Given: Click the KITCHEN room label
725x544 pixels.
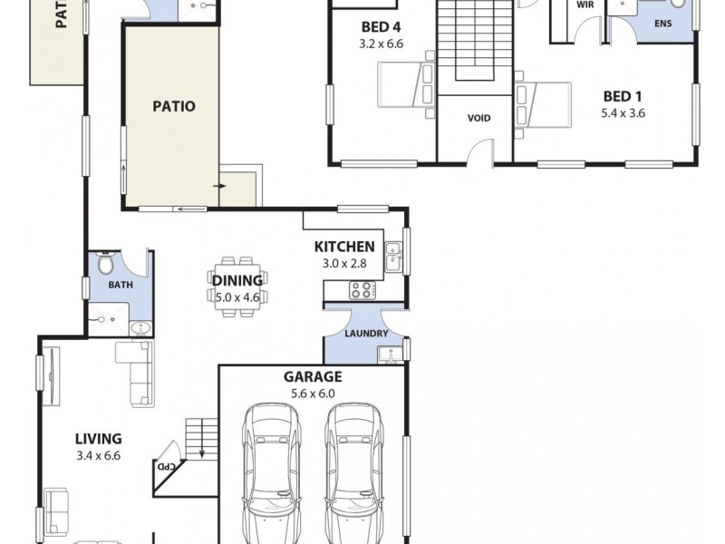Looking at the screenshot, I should pyautogui.click(x=344, y=247).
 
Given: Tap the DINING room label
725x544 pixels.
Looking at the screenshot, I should pyautogui.click(x=237, y=280).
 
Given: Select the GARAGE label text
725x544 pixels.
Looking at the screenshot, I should pyautogui.click(x=313, y=377).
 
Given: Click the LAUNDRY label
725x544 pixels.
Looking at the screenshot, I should pyautogui.click(x=366, y=334).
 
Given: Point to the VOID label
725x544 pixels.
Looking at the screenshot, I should pyautogui.click(x=478, y=119).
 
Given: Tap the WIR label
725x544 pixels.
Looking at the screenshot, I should pyautogui.click(x=585, y=5).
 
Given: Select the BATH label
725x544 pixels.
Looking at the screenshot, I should pyautogui.click(x=121, y=285).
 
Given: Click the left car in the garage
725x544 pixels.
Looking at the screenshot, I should pyautogui.click(x=272, y=471).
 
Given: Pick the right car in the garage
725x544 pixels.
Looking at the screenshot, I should pyautogui.click(x=351, y=471).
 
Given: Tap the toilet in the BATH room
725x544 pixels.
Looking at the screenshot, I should pyautogui.click(x=106, y=265).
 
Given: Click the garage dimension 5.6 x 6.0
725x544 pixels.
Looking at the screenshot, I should pyautogui.click(x=313, y=393).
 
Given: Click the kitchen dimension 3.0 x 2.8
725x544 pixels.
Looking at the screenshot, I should pyautogui.click(x=344, y=264).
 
